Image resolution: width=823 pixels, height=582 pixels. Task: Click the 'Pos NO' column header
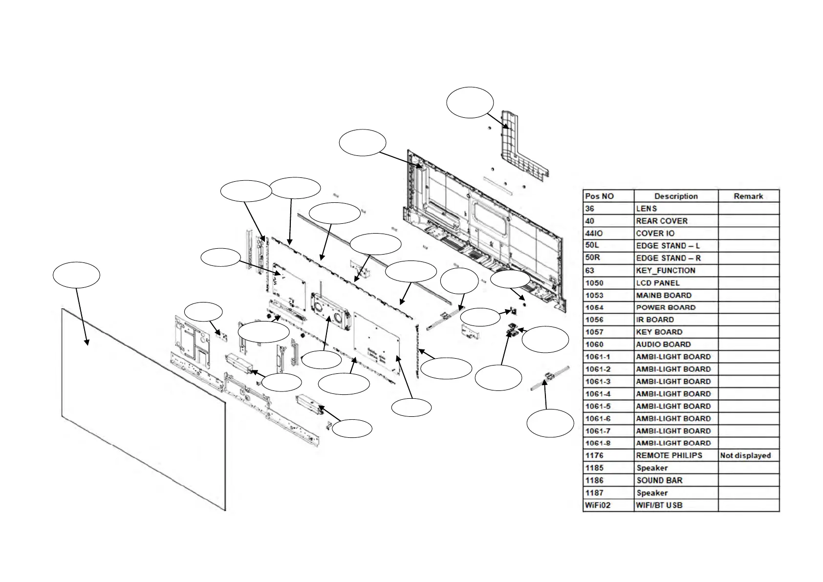(608, 196)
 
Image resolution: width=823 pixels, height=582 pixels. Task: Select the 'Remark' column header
(748, 196)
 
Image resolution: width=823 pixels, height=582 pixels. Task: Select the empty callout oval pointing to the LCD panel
(77, 275)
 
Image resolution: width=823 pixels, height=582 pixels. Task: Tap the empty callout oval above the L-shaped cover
(470, 103)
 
